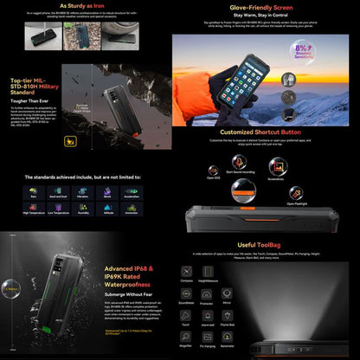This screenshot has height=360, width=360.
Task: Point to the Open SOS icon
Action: pos(213,167)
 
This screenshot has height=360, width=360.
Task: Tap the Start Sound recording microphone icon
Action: pos(240,162)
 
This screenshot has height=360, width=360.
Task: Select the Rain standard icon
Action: pos(34,192)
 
